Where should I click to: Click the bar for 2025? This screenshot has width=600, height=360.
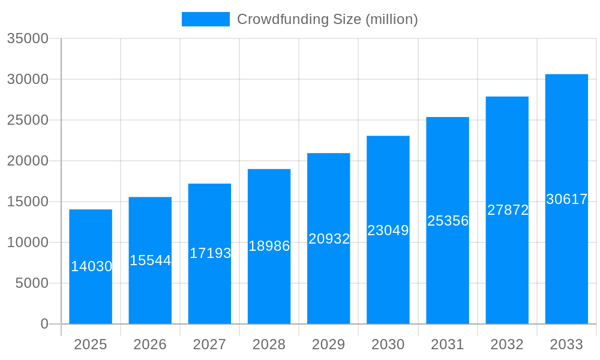(x=91, y=294)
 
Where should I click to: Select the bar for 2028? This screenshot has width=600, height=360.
(x=269, y=282)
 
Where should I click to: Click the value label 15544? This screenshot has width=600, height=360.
(x=151, y=260)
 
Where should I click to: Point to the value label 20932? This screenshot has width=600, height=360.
(x=329, y=239)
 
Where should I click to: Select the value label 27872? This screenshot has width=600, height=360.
(x=508, y=210)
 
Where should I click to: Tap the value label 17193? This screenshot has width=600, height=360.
(x=210, y=253)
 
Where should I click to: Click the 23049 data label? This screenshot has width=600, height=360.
(x=388, y=230)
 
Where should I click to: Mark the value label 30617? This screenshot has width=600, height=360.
(x=566, y=199)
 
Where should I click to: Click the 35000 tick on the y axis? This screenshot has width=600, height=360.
(x=27, y=38)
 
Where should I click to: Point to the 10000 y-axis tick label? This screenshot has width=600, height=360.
(x=27, y=242)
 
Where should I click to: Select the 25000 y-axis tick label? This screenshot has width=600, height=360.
(x=27, y=120)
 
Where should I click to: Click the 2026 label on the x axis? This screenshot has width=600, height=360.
(x=150, y=344)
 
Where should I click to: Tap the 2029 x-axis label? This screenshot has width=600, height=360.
(x=329, y=344)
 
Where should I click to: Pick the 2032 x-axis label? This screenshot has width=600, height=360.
(x=507, y=344)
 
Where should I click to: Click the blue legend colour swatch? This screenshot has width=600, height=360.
(x=205, y=19)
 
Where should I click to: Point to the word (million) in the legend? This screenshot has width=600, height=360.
(x=391, y=19)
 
